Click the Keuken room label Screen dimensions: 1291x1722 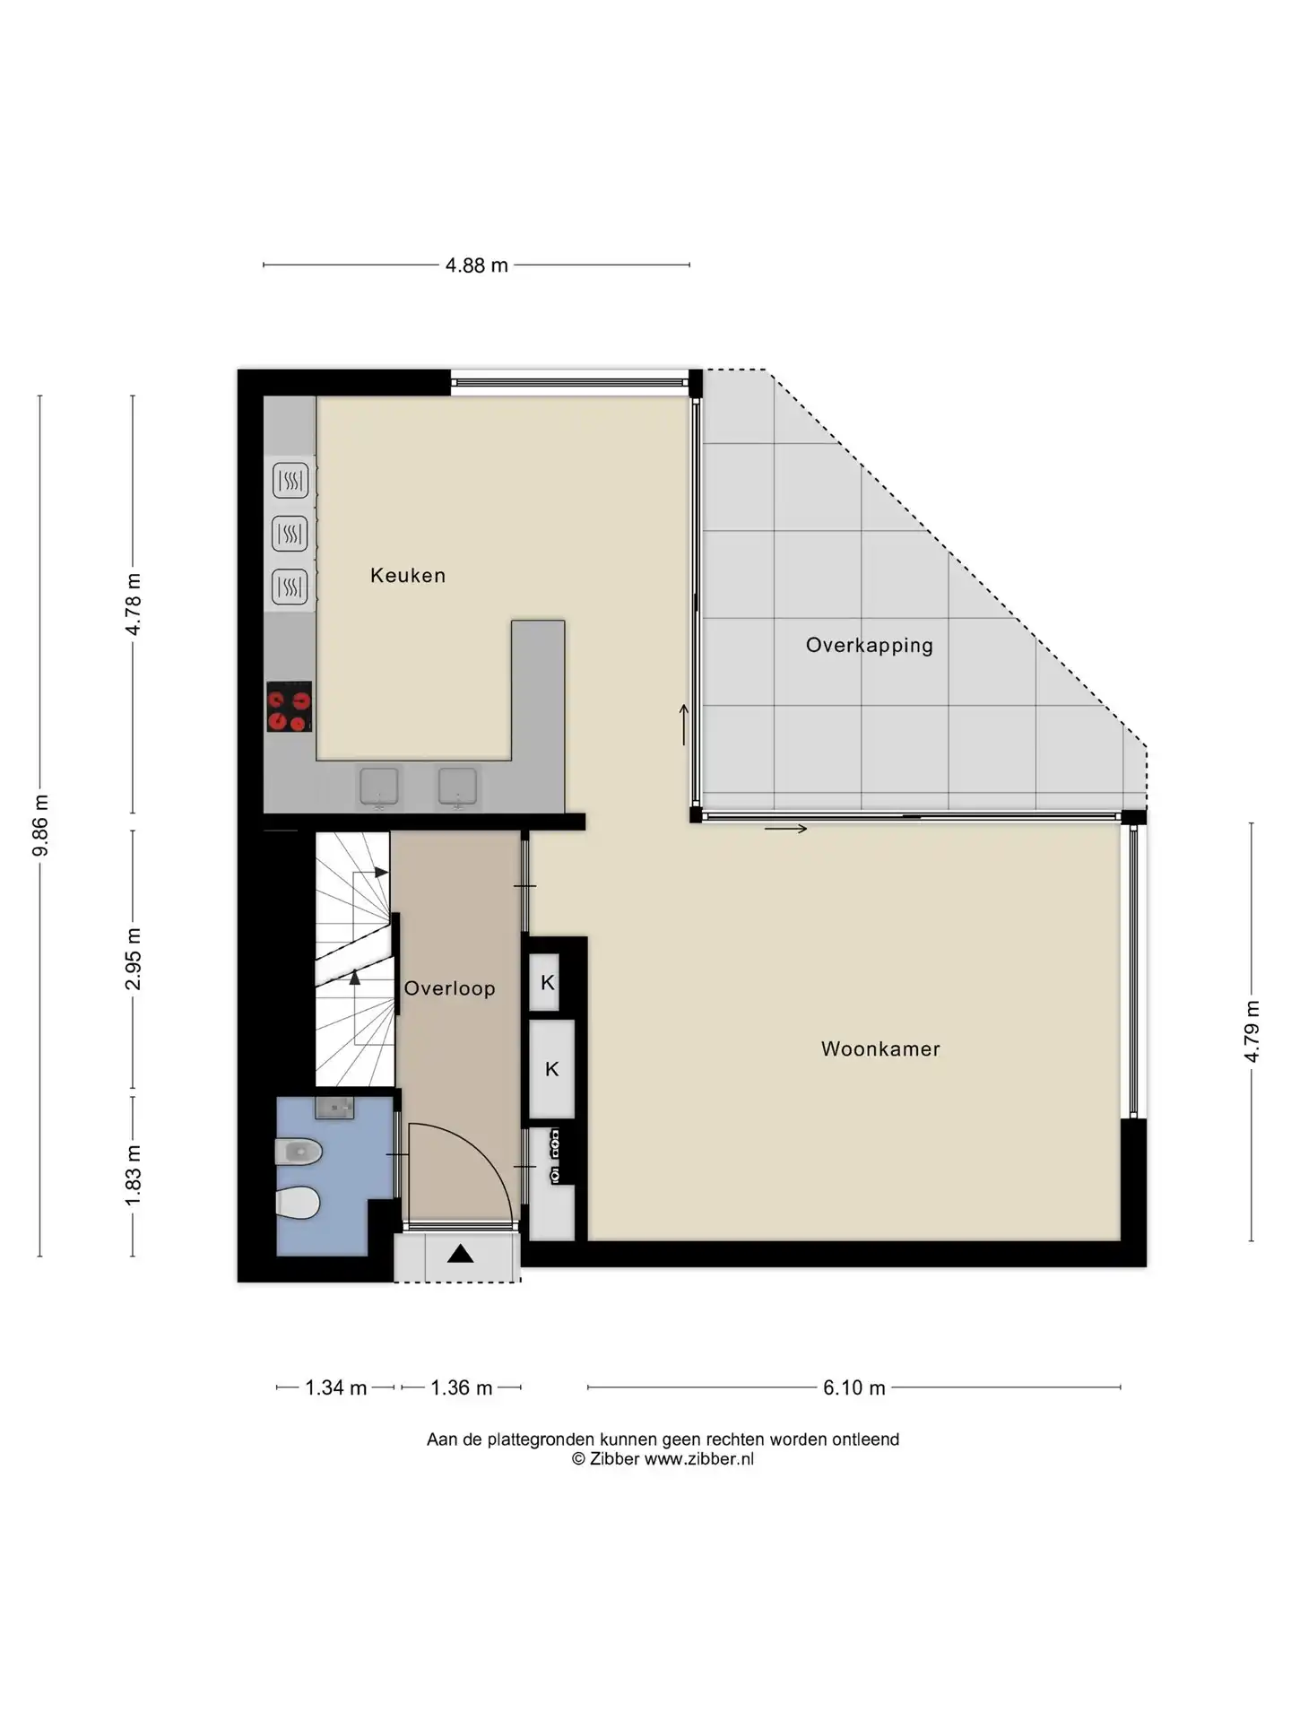click(x=408, y=575)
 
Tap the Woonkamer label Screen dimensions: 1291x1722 click(x=880, y=1048)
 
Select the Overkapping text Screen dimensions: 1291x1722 click(x=869, y=645)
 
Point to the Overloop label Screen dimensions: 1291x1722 click(x=449, y=988)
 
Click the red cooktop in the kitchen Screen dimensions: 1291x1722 click(x=289, y=707)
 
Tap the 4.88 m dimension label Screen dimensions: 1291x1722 click(x=477, y=265)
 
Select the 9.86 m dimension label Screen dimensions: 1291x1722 click(x=40, y=825)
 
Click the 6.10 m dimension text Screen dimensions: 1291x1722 click(x=854, y=1387)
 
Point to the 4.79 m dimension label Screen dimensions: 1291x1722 click(x=1252, y=1031)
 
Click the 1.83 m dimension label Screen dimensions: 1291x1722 click(x=133, y=1176)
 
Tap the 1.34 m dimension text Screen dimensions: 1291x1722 click(x=336, y=1387)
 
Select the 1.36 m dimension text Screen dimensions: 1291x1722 click(x=462, y=1387)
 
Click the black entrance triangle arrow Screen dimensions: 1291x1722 click(x=460, y=1253)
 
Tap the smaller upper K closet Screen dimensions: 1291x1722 click(x=547, y=982)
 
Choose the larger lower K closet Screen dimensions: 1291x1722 click(x=552, y=1069)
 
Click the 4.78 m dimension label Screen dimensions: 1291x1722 click(x=133, y=604)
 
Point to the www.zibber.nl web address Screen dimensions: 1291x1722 click(x=699, y=1459)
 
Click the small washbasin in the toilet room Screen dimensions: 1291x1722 click(x=334, y=1108)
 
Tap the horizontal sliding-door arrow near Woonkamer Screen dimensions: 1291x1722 click(x=785, y=829)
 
